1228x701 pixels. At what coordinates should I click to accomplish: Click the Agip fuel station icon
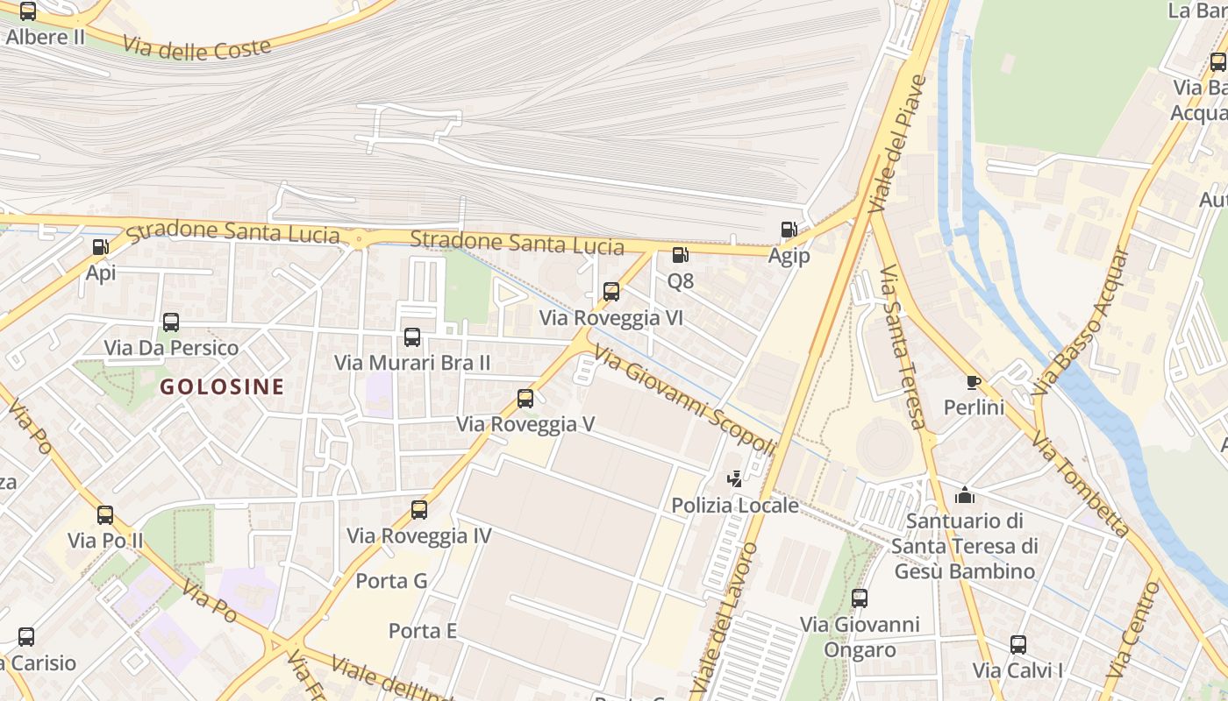pyautogui.click(x=789, y=230)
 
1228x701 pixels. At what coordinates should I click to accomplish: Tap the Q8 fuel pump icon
pyautogui.click(x=680, y=255)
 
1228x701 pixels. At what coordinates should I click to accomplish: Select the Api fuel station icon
pyautogui.click(x=100, y=247)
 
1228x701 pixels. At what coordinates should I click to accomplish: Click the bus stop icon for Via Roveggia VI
pyautogui.click(x=611, y=292)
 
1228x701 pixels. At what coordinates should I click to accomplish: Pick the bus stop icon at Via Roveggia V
pyautogui.click(x=525, y=399)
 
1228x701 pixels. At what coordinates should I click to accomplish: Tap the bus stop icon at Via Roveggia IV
pyautogui.click(x=419, y=509)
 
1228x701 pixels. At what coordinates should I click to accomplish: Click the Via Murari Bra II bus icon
pyautogui.click(x=412, y=336)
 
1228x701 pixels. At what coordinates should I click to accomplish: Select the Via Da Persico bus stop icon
pyautogui.click(x=171, y=322)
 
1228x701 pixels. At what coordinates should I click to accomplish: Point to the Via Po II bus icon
pyautogui.click(x=105, y=514)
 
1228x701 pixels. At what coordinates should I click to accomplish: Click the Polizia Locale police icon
pyautogui.click(x=735, y=479)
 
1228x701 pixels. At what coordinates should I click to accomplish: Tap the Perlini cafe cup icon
pyautogui.click(x=973, y=381)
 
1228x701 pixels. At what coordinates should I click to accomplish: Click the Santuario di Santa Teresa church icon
pyautogui.click(x=965, y=495)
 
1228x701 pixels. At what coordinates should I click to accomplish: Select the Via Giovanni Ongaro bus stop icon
pyautogui.click(x=860, y=598)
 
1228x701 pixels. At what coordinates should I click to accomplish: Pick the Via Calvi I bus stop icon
pyautogui.click(x=1018, y=645)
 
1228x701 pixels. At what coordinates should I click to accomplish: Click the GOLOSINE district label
pyautogui.click(x=222, y=386)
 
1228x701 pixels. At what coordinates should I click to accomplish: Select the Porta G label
pyautogui.click(x=391, y=581)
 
